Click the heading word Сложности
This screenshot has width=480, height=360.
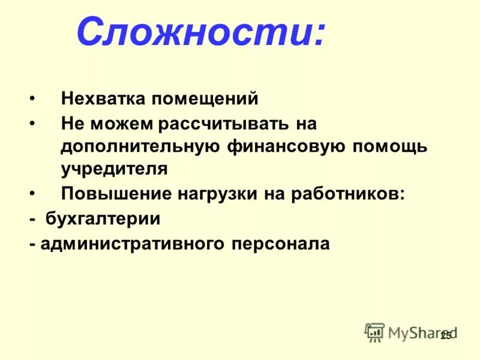coord(197,32)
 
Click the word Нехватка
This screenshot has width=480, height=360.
coord(101,98)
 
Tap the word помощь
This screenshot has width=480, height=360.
coord(389,146)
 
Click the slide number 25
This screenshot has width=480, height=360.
coord(445,336)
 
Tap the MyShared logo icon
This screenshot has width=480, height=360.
coord(375,332)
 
